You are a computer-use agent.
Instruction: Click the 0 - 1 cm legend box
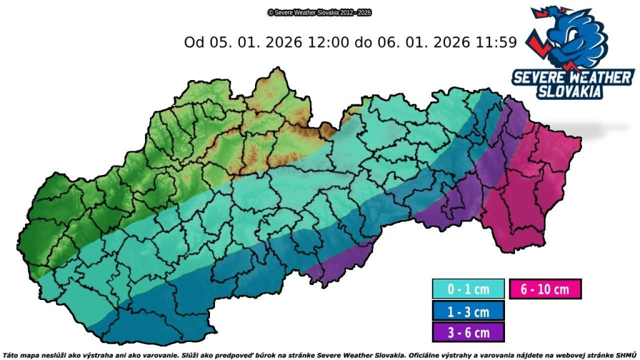tap(468, 289)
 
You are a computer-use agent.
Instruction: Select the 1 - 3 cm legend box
tap(468, 310)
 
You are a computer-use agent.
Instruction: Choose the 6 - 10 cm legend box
tap(545, 289)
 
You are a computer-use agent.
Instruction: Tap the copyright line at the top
tap(319, 12)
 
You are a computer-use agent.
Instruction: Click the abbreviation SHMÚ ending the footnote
tap(626, 354)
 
